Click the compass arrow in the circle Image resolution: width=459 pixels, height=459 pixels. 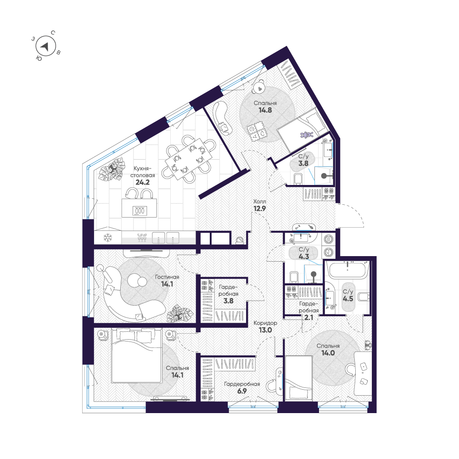pos(45,46)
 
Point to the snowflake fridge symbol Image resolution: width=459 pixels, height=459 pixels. pos(108,237)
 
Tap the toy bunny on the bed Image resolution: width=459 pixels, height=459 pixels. pos(307,135)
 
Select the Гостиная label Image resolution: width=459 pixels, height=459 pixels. pos(167,277)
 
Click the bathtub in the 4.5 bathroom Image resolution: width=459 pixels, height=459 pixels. pos(347,269)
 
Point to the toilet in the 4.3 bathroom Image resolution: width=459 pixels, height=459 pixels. pos(294,276)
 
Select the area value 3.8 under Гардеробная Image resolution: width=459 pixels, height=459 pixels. pos(228,301)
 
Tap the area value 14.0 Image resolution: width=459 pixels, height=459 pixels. pos(328,354)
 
